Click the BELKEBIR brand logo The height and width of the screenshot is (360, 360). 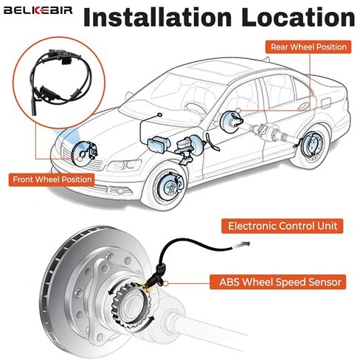[x=38, y=10]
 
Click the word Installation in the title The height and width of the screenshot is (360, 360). [x=158, y=17]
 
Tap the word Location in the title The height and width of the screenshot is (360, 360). [x=298, y=17]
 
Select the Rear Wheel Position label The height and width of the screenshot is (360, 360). [x=308, y=47]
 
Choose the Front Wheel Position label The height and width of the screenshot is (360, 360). [x=52, y=179]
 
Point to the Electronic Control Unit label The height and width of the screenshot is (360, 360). [x=283, y=226]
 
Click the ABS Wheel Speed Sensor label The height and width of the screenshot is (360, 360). [x=277, y=282]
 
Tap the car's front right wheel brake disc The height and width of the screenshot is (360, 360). [x=169, y=187]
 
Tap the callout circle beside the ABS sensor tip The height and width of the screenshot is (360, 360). [x=166, y=283]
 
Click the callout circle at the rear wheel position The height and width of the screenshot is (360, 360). [x=238, y=111]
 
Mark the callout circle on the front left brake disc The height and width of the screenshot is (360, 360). [x=80, y=159]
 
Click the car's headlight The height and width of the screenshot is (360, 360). [x=124, y=165]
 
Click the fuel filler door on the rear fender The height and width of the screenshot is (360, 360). [x=327, y=103]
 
